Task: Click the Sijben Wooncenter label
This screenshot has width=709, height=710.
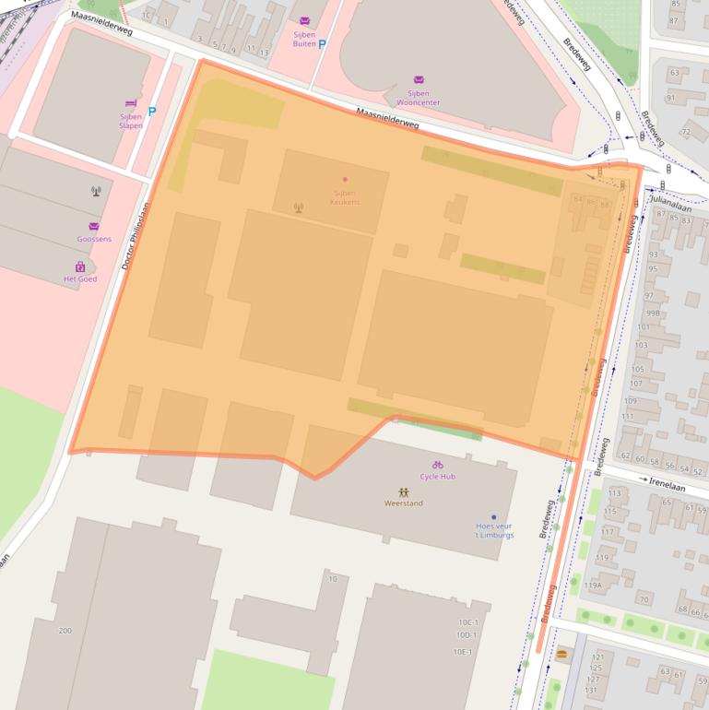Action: [419, 98]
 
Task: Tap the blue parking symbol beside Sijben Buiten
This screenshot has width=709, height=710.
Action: [322, 43]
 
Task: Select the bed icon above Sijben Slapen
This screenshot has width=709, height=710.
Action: [131, 104]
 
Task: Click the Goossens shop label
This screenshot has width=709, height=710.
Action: [94, 238]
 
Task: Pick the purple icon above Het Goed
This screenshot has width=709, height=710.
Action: [80, 267]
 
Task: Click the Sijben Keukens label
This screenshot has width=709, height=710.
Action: [346, 196]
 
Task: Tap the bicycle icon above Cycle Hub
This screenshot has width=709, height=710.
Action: [437, 465]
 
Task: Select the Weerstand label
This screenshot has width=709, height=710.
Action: [404, 503]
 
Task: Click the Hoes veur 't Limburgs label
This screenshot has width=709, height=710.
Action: [494, 529]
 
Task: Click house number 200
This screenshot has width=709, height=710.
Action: [65, 631]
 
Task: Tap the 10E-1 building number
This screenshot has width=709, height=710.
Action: [462, 652]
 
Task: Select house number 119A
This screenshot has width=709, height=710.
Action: [593, 585]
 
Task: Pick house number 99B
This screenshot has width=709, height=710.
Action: [653, 313]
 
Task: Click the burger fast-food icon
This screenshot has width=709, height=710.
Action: [561, 654]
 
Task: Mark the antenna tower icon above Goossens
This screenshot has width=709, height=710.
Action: [95, 192]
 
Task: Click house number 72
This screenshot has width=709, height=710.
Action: [686, 132]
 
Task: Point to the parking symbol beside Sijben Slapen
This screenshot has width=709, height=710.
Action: [152, 112]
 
